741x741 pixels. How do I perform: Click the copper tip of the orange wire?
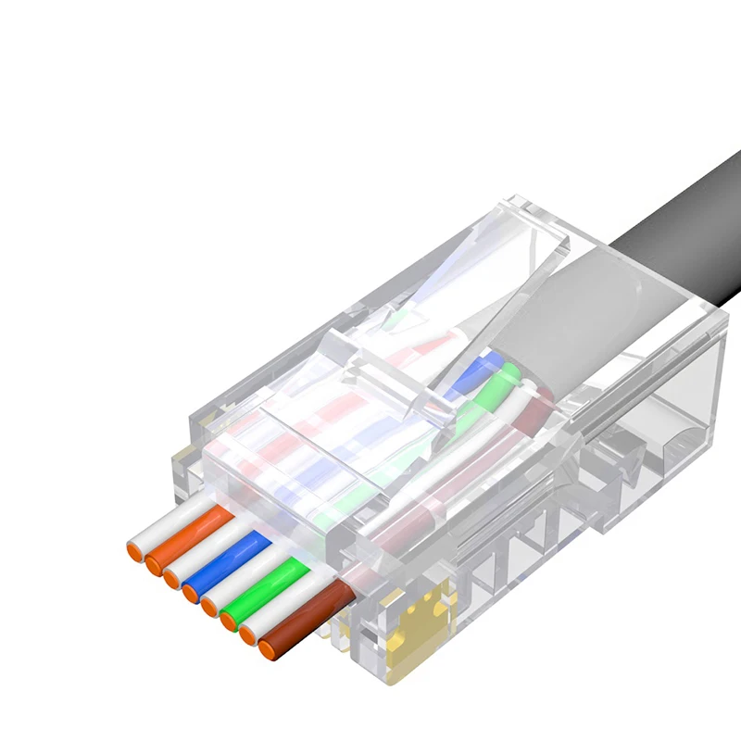tap(152, 563)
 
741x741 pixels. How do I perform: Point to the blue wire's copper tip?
tap(190, 592)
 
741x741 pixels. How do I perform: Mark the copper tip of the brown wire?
tap(269, 651)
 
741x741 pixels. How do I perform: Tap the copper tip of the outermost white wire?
tap(134, 551)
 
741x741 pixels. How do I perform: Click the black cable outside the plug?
tap(685, 232)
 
